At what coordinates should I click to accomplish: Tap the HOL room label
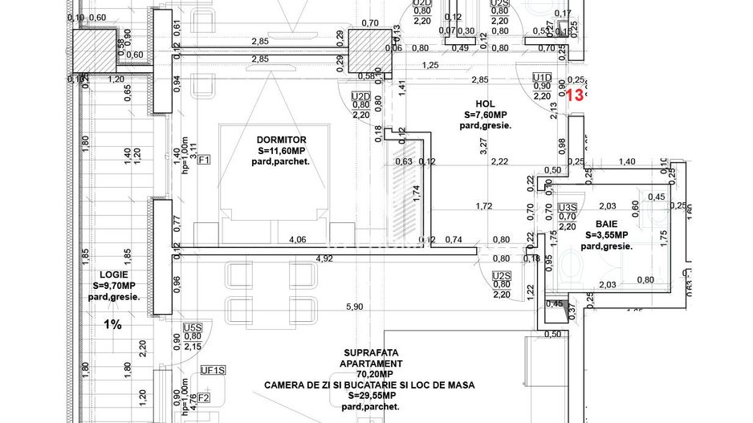tap(485, 103)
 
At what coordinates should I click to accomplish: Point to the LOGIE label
tap(113, 275)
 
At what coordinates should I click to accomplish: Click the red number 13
tap(575, 95)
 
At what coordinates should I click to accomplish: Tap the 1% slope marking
tap(112, 324)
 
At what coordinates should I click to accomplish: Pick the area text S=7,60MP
tap(486, 114)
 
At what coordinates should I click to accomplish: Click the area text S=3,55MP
tap(606, 236)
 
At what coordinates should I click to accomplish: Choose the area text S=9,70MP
tap(113, 286)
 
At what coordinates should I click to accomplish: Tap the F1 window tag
tap(204, 160)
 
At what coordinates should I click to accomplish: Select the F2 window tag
tap(204, 397)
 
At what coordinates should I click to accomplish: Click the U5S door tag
tap(193, 327)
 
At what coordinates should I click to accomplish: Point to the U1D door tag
tap(543, 76)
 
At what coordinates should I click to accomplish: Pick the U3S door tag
tap(567, 207)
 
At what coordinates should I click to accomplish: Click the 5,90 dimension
tap(354, 307)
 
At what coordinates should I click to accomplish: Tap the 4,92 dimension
tap(324, 258)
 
